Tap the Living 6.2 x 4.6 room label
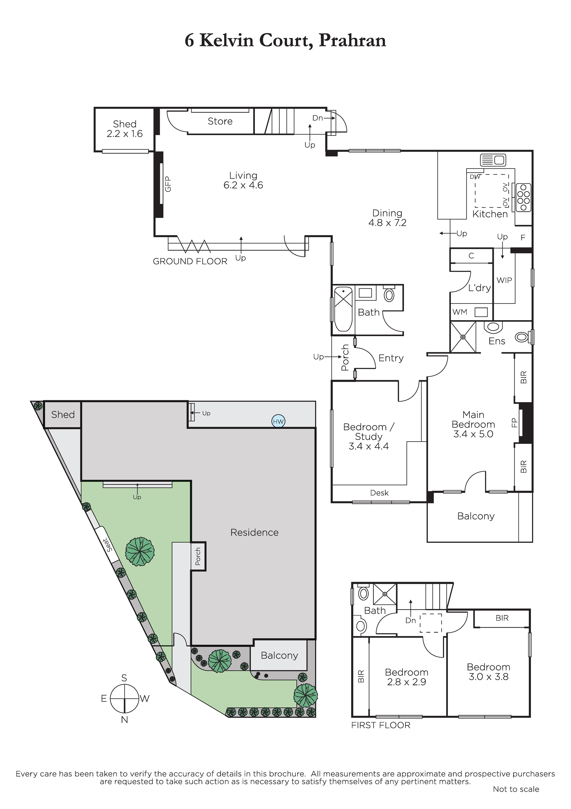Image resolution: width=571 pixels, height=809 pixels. [x=243, y=180]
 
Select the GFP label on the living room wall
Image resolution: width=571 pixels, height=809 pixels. [x=168, y=184]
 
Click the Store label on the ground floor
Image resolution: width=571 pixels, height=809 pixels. [x=220, y=121]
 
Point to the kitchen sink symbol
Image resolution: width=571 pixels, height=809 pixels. [x=493, y=160]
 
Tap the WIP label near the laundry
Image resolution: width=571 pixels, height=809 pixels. [x=504, y=281]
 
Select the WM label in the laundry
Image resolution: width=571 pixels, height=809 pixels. [x=460, y=312]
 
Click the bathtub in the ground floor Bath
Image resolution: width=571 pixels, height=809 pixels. [x=343, y=309]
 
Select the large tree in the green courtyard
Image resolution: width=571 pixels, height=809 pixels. [x=140, y=551]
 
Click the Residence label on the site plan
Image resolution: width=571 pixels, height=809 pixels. [x=254, y=532]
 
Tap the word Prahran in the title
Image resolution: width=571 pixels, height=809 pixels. [x=352, y=41]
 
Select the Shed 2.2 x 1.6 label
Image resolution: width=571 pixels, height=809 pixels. [x=125, y=129]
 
